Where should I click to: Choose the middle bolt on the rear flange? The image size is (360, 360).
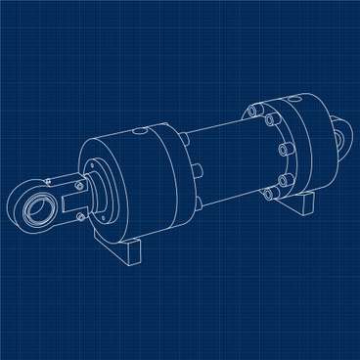tap(282, 150)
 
